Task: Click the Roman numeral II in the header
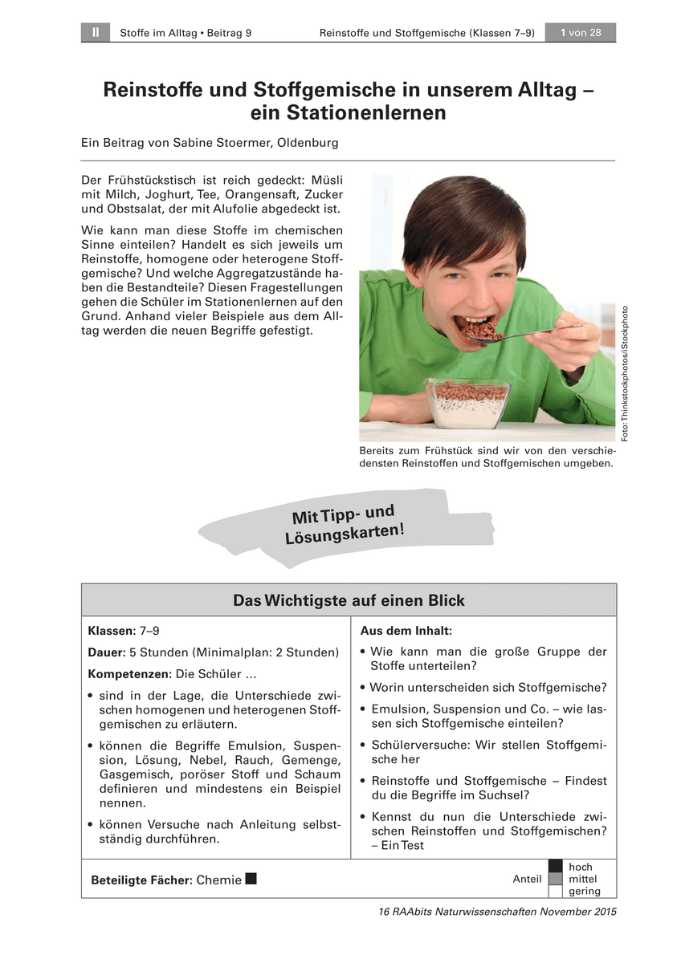[95, 33]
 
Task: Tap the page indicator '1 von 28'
[581, 33]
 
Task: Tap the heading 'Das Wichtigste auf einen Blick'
[349, 600]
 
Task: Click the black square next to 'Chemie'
[251, 879]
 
